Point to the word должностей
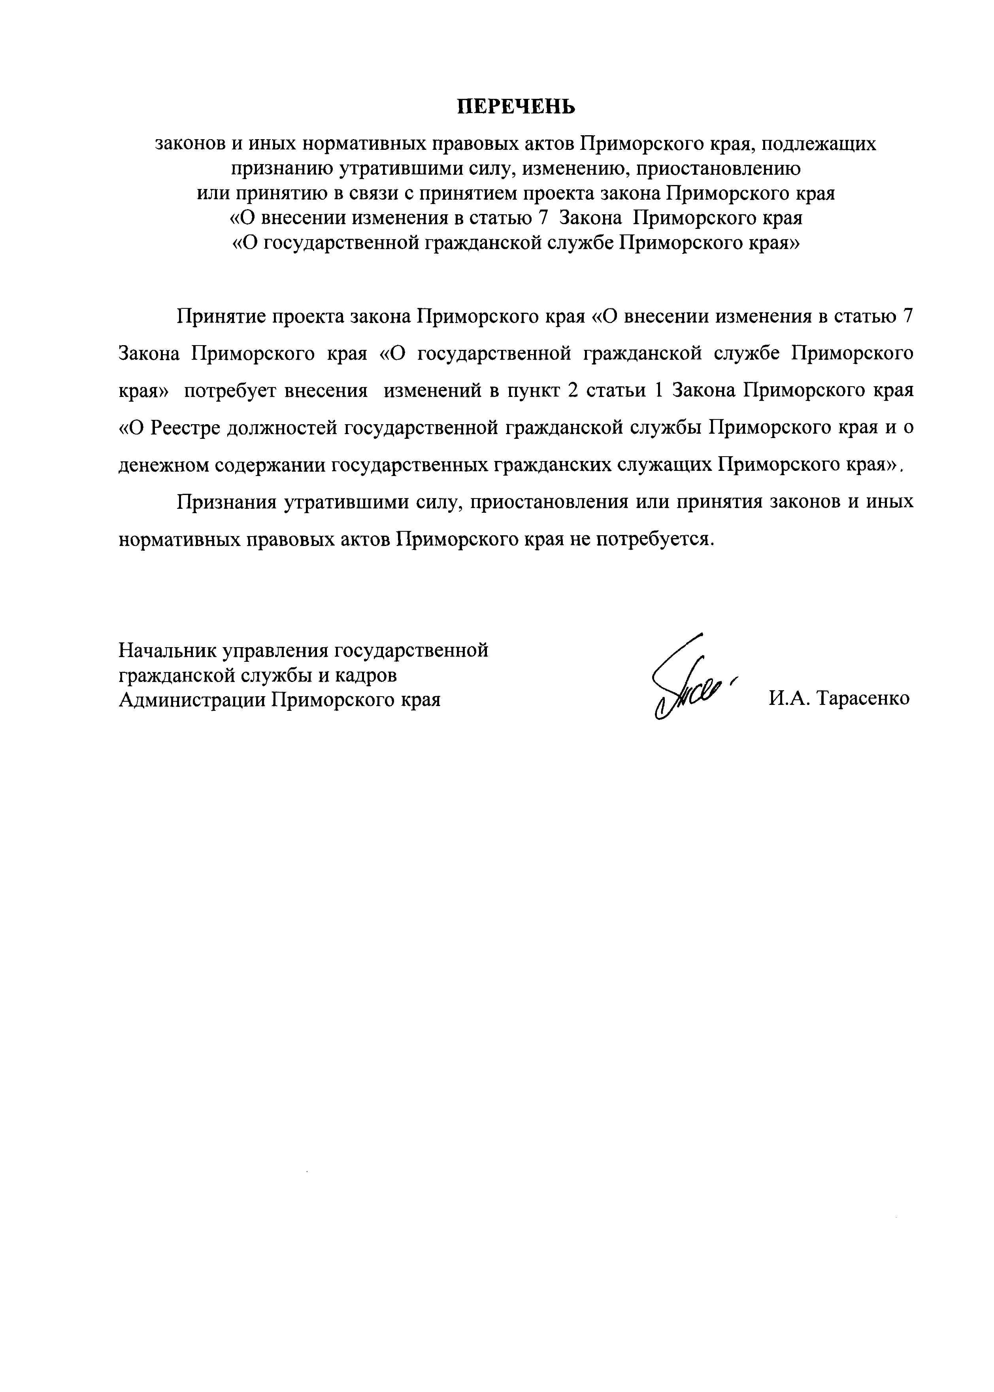coord(282,427)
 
